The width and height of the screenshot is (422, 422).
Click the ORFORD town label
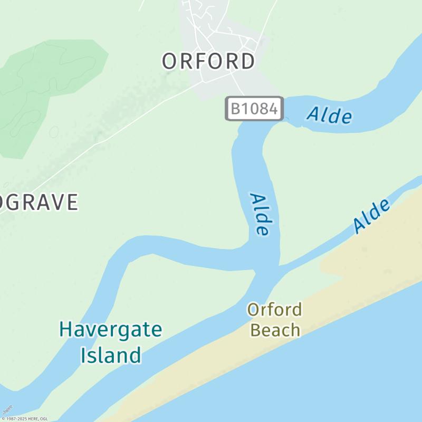point(208,61)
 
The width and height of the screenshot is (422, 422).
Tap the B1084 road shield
point(254,109)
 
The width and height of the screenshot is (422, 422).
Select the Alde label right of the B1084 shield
point(330,115)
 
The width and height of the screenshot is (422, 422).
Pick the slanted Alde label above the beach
point(372,216)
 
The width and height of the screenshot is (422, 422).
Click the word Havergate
point(110,330)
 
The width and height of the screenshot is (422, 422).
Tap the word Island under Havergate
point(111,355)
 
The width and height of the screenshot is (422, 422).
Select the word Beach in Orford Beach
point(275,331)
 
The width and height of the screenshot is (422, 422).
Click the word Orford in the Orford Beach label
point(275,310)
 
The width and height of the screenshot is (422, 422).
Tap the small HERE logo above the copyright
point(7,409)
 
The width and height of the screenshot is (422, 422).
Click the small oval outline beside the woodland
point(54,131)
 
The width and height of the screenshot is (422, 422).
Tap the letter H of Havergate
point(66,330)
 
